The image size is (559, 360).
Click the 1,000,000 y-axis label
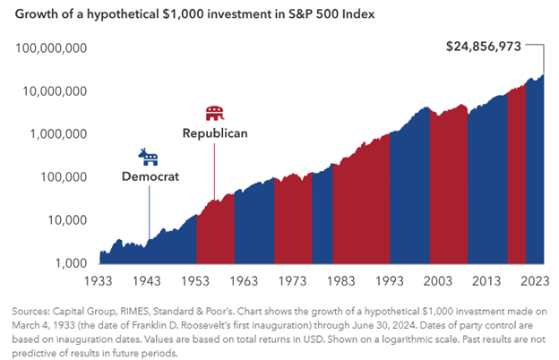(x=57, y=133)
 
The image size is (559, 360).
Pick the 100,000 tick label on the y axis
(x=62, y=176)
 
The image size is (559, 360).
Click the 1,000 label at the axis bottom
(x=69, y=262)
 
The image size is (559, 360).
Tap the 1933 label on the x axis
(x=99, y=281)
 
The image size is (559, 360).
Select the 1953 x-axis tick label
(x=195, y=281)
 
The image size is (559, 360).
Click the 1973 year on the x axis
(x=291, y=281)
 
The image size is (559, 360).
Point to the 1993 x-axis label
(x=387, y=281)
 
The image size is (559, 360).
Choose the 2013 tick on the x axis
(x=484, y=281)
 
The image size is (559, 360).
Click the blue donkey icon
(x=148, y=159)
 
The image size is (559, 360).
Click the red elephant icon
(x=214, y=114)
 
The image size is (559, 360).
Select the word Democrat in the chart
(x=150, y=177)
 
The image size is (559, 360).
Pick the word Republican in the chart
(x=214, y=133)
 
